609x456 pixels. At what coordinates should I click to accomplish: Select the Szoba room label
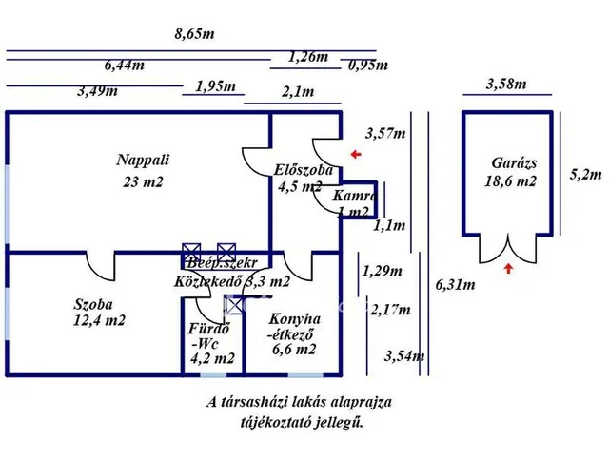(94, 305)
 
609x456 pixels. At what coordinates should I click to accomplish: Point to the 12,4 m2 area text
(100, 321)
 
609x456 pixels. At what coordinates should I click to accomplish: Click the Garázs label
(510, 162)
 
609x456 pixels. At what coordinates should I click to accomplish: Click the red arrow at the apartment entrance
(355, 153)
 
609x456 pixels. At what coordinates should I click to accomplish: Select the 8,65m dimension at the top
(194, 34)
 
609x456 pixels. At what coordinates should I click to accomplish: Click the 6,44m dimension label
(125, 66)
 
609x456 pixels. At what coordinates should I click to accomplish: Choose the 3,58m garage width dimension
(505, 84)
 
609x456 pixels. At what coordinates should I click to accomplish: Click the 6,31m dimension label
(456, 283)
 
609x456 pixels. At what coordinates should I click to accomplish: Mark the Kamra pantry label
(355, 196)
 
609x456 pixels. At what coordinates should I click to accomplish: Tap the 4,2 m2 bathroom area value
(211, 358)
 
